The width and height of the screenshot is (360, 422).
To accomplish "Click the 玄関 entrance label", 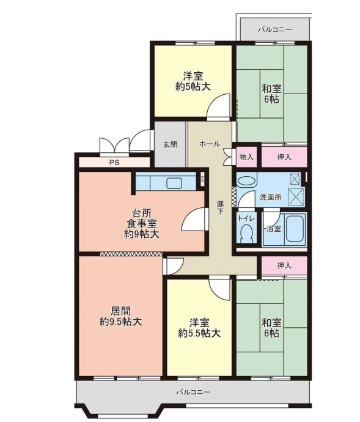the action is point(170,144).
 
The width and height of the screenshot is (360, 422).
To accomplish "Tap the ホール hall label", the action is point(210,144).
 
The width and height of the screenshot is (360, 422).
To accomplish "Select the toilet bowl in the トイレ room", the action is point(246,232).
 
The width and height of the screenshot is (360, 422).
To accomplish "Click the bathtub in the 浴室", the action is point(295,229).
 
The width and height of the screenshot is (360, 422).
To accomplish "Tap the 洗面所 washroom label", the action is point(271,198).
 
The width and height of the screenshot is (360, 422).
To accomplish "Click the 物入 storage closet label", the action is point(246,157).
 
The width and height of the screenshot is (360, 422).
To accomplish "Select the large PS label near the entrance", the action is point(114,163).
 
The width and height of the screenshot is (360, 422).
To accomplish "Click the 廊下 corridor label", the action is point(220,208).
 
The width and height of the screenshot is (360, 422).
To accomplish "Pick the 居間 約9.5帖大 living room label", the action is point(121,316).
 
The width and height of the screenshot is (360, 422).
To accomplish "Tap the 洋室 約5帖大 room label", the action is point(193,81).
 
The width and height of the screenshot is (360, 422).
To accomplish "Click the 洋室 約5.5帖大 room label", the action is point(199,328).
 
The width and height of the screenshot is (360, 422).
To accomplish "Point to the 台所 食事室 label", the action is point(142,224).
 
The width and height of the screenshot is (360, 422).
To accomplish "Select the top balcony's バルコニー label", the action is point(275,29).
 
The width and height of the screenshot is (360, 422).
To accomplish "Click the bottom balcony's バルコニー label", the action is point(193,392).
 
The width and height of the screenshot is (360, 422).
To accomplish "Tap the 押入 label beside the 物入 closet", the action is point(284,157).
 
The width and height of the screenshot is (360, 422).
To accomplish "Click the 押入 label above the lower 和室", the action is point(284,266).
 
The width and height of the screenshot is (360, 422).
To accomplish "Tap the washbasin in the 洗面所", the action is point(247,180).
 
